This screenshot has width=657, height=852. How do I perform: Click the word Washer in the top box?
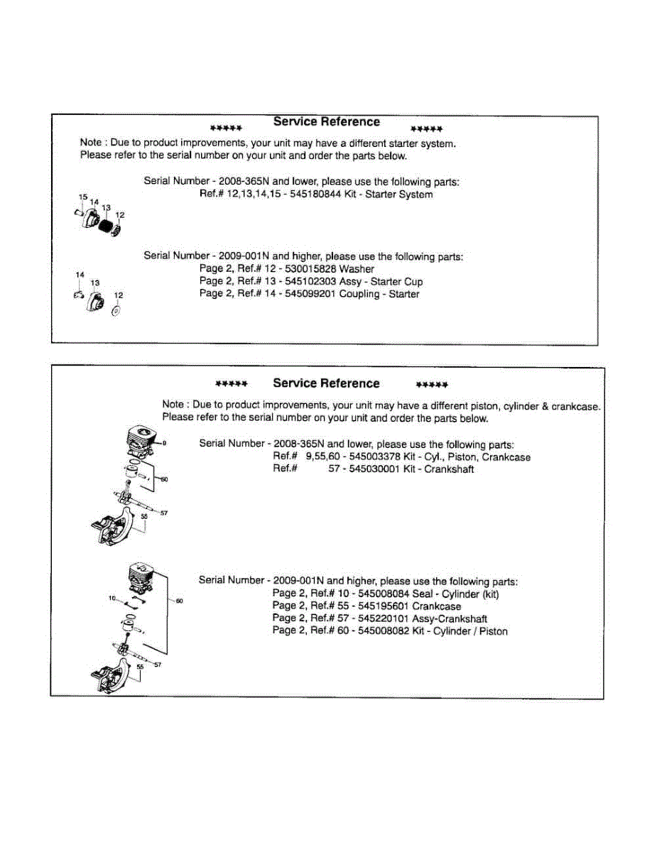pyautogui.click(x=357, y=269)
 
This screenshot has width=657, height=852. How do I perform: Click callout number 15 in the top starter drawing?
pyautogui.click(x=82, y=197)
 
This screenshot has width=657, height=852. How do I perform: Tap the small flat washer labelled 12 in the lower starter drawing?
pyautogui.click(x=116, y=310)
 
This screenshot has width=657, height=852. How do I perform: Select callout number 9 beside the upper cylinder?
pyautogui.click(x=164, y=443)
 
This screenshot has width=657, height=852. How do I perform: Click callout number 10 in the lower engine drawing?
pyautogui.click(x=112, y=599)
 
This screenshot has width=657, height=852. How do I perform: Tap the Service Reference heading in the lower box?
pyautogui.click(x=326, y=383)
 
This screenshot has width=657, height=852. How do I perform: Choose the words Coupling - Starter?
pyautogui.click(x=389, y=294)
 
